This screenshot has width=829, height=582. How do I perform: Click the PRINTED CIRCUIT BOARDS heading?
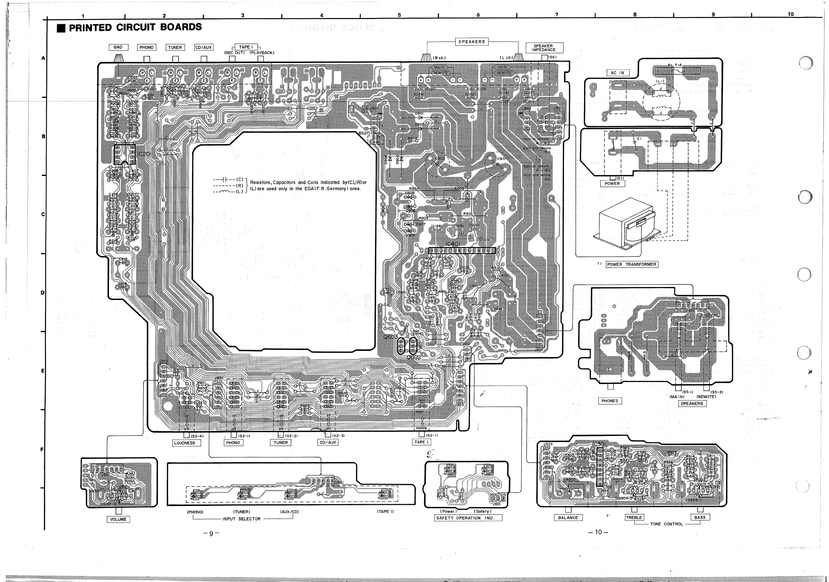coord(135,27)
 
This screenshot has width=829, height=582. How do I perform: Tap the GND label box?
coord(118,47)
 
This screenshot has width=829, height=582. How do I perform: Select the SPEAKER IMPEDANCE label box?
coord(543,48)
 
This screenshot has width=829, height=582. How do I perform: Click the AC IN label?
coord(617,73)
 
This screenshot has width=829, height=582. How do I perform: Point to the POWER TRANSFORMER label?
coord(631,264)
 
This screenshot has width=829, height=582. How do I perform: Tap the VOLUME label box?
coord(118,519)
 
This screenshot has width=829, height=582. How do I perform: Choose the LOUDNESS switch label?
coord(184,443)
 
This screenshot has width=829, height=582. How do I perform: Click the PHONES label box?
coord(610,401)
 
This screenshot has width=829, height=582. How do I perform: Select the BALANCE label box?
coord(568,518)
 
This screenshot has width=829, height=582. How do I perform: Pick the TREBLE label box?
coord(634,517)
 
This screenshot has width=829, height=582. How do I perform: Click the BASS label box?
coord(700,517)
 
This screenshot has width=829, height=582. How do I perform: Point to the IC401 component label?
coord(453,244)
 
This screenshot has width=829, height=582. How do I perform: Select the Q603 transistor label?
coord(391,337)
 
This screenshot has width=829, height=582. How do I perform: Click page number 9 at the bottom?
coord(211,533)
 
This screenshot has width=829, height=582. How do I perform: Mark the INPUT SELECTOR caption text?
coord(242,519)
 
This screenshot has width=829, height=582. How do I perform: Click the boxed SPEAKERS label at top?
coord(472,42)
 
